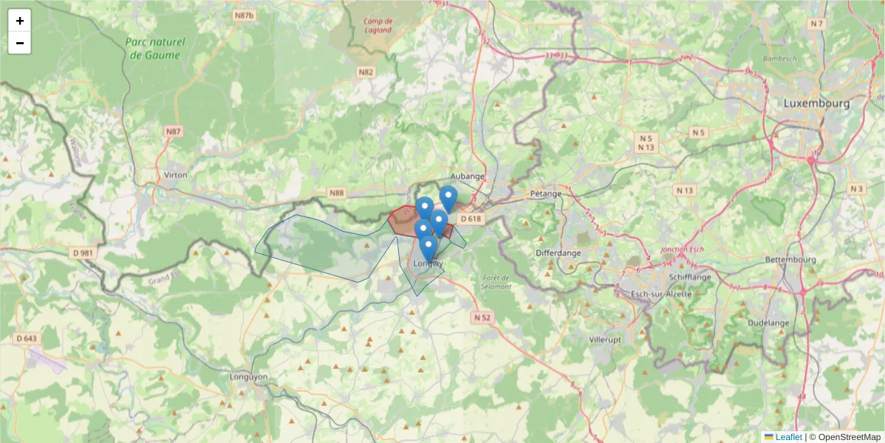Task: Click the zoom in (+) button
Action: [20, 21]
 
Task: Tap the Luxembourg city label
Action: [816, 103]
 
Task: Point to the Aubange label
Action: [468, 176]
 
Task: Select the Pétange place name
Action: [546, 194]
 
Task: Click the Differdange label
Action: [558, 253]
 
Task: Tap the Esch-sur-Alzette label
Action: [662, 294]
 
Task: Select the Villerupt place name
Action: [605, 340]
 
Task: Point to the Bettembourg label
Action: [791, 260]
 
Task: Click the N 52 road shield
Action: [481, 317]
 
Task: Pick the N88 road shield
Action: [336, 193]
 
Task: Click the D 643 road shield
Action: [27, 339]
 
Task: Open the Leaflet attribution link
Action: [788, 437]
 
